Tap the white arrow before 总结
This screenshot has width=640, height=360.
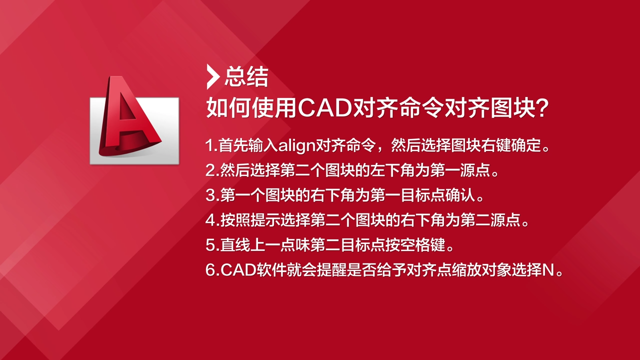click(x=213, y=77)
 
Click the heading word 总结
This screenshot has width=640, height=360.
click(x=246, y=76)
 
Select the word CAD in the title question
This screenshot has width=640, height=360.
click(x=325, y=108)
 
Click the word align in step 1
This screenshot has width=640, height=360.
click(x=296, y=145)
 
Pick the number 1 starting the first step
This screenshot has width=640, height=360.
click(x=210, y=145)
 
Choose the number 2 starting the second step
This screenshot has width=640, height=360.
click(x=210, y=170)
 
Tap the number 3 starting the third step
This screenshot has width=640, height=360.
click(x=210, y=195)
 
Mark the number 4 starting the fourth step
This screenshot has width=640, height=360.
click(x=210, y=220)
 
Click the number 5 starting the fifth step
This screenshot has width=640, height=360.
click(x=210, y=245)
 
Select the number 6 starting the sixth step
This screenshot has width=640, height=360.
click(x=210, y=270)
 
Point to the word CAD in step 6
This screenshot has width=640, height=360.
click(x=238, y=270)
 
